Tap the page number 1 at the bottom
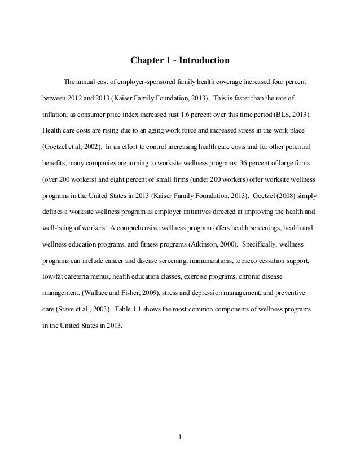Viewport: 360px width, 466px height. pos(180,436)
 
